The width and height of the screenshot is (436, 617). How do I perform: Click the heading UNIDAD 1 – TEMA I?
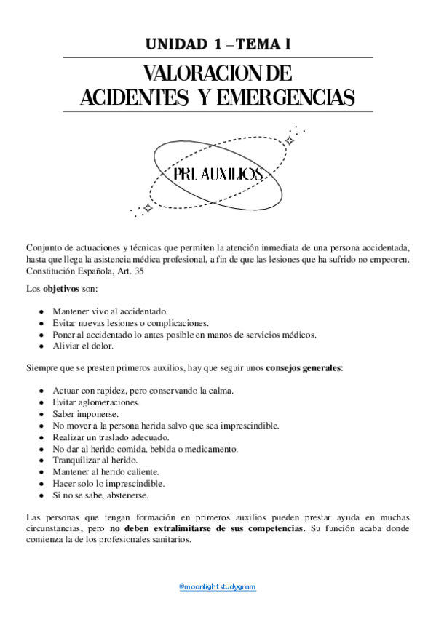pos(218,44)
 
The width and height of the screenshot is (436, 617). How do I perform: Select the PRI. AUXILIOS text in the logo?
pos(218,174)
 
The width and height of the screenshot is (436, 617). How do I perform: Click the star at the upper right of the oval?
pos(289,140)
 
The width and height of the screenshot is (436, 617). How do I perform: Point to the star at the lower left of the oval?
pos(148,207)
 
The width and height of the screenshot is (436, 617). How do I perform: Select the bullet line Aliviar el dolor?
pos(82,346)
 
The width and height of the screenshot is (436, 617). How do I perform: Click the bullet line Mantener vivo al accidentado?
pos(109,311)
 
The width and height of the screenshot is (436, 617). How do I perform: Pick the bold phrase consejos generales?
pos(304,367)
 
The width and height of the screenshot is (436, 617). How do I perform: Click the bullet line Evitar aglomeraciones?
pos(96,402)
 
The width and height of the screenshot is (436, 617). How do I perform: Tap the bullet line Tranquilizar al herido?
pos(95,460)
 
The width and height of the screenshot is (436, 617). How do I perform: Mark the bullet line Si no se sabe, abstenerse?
pos(100,495)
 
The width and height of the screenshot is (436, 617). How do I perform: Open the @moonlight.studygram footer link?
pos(218,586)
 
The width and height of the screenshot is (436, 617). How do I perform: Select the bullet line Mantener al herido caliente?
pos(106,471)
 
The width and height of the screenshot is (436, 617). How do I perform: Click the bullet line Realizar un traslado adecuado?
pos(111,437)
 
